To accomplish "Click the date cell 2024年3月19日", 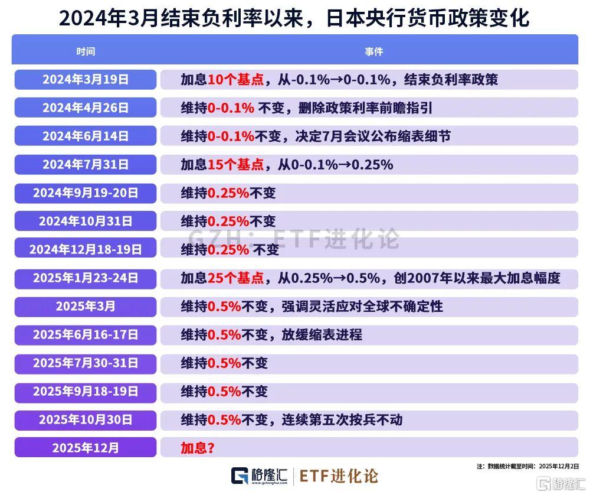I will pyautogui.click(x=86, y=80).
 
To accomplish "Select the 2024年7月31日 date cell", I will pyautogui.click(x=86, y=165).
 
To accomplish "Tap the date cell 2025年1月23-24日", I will pyautogui.click(x=86, y=278).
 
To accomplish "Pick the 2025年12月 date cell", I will pyautogui.click(x=86, y=448).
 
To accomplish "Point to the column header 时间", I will pyautogui.click(x=86, y=51).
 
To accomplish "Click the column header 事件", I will pyautogui.click(x=374, y=51).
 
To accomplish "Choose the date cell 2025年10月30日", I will pyautogui.click(x=86, y=420).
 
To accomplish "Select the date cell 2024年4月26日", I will pyautogui.click(x=86, y=108).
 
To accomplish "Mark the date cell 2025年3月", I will pyautogui.click(x=86, y=307).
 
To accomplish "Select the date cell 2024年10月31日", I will pyautogui.click(x=86, y=222).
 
